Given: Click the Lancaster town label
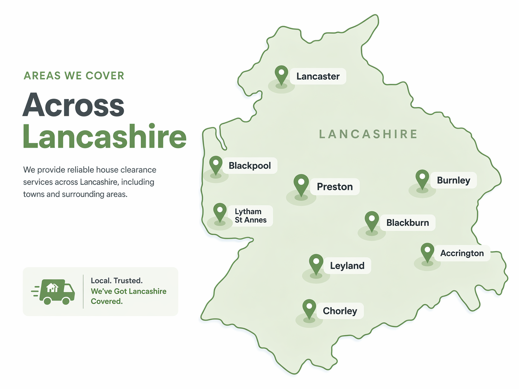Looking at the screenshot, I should tap(318, 76).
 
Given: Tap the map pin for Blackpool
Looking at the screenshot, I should tap(216, 165).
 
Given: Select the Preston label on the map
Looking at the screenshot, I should tap(334, 187).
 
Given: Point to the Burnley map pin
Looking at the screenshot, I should tap(422, 178).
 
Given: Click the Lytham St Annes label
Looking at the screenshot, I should tap(250, 216).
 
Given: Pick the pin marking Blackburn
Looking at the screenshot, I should tap(372, 220).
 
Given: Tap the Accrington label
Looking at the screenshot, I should tap(462, 253).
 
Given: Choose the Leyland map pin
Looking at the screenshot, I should tap(316, 263).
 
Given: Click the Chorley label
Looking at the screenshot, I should tap(339, 311).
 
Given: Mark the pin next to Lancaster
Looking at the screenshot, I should tap(281, 75).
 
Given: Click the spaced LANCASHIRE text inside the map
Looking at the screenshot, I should tap(368, 134).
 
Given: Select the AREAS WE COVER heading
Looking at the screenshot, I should tap(74, 76).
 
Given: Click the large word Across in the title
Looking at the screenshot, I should tap(73, 105).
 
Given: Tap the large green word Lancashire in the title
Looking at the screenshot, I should tap(104, 137).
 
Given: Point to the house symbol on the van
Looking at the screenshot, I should tap(52, 287).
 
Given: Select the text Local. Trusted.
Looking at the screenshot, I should tap(116, 280).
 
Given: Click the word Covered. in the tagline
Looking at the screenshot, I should tap(106, 301).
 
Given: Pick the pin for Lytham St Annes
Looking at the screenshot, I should tap(220, 212).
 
